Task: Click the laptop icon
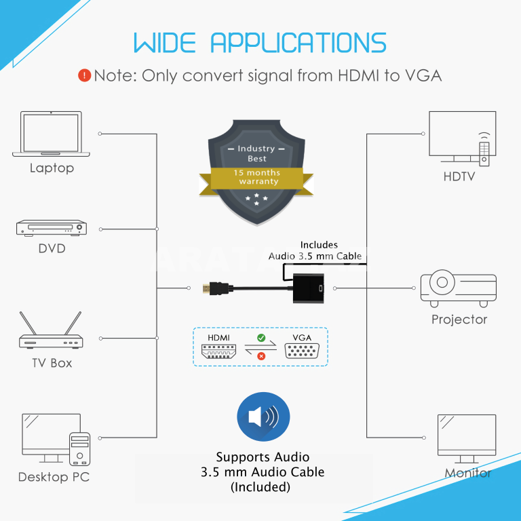[x=51, y=134]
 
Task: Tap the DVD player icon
[x=52, y=228]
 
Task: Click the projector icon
[x=458, y=288]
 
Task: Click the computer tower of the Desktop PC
[x=80, y=449]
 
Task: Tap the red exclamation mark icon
[x=84, y=75]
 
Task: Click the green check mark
[x=261, y=338]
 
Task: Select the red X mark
[x=261, y=356]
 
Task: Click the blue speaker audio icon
[x=263, y=417]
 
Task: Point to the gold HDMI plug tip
[x=206, y=288]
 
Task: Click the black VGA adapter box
[x=309, y=288]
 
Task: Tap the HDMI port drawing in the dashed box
[x=218, y=351]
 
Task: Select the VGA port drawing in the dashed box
[x=302, y=351]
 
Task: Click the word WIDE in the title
[x=164, y=43]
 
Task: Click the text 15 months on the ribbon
[x=256, y=173]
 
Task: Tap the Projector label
[x=459, y=320]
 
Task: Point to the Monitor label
[x=468, y=473]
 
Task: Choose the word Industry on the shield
[x=256, y=149]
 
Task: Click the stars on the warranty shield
[x=256, y=199]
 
